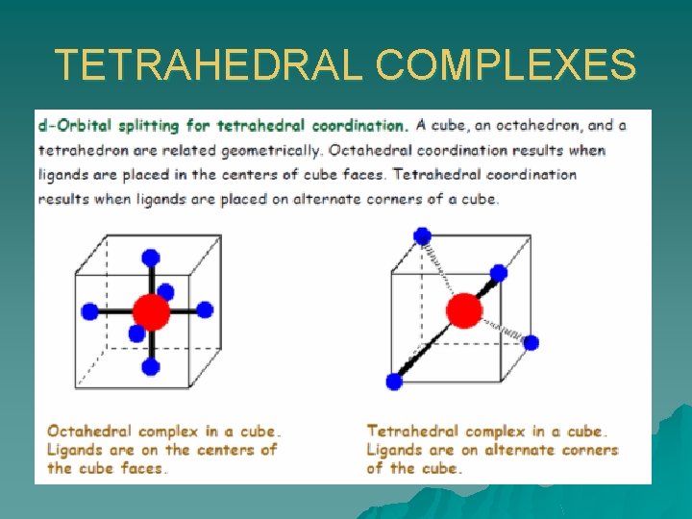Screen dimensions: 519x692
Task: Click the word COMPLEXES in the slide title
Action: (506, 65)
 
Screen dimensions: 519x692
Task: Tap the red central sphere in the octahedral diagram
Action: (151, 311)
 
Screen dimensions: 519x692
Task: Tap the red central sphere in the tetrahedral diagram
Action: (464, 310)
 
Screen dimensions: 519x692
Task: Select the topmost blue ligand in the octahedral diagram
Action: (150, 257)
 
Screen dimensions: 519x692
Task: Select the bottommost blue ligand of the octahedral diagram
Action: (150, 366)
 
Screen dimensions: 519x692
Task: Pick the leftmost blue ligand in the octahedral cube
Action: (90, 311)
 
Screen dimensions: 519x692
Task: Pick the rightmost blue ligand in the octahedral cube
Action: (205, 310)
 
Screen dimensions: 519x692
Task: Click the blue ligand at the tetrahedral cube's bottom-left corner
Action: (394, 382)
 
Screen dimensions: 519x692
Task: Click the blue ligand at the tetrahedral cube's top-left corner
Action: (422, 235)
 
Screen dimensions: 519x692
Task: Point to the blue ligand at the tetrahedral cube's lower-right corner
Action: (531, 342)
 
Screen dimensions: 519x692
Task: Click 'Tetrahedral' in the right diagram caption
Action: (411, 432)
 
